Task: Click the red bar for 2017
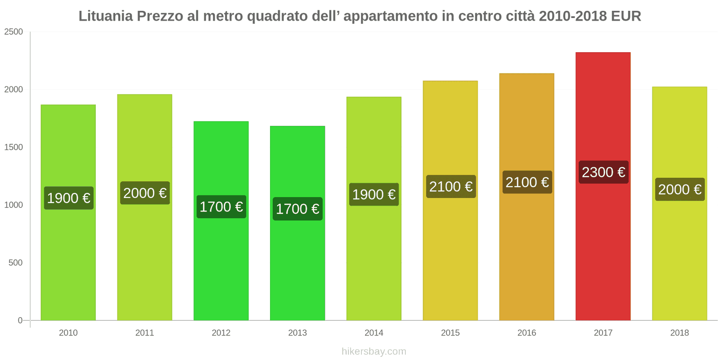click(603, 247)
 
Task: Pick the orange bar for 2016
click(526, 252)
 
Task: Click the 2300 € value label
click(603, 172)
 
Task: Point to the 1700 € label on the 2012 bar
click(221, 207)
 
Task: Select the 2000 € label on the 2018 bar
click(679, 189)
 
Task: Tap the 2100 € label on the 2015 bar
click(451, 187)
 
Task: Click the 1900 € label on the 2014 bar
click(374, 194)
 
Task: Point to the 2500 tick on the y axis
click(13, 32)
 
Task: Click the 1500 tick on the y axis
click(13, 147)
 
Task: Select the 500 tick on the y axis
click(15, 263)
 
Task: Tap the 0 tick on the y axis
click(20, 320)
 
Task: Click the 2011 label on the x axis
click(144, 333)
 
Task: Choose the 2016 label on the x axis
click(526, 333)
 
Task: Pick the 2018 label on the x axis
click(679, 333)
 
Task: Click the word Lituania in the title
click(106, 16)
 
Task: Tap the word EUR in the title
click(626, 16)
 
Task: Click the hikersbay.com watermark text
click(374, 351)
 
